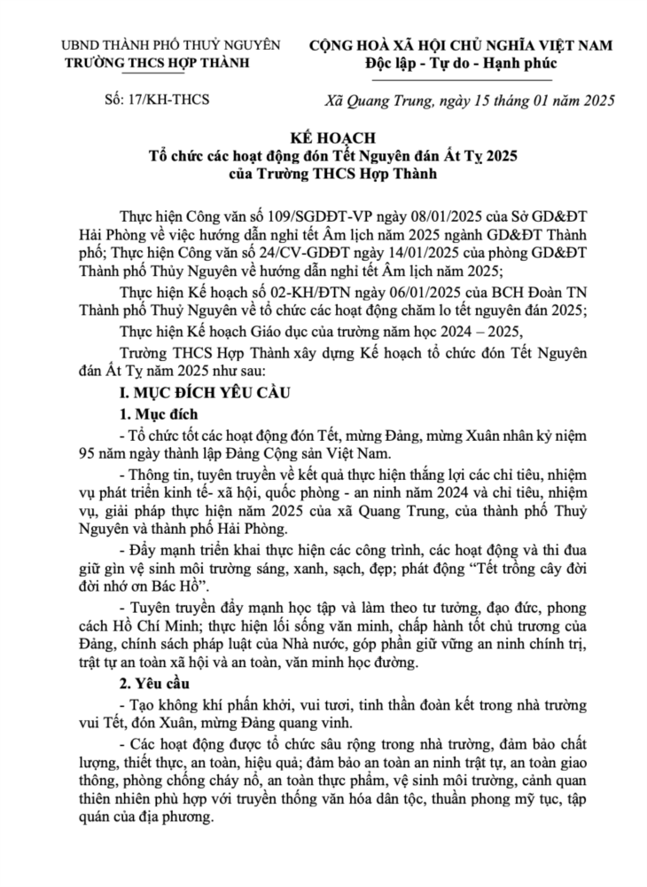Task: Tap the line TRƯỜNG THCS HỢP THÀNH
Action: [x=158, y=62]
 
